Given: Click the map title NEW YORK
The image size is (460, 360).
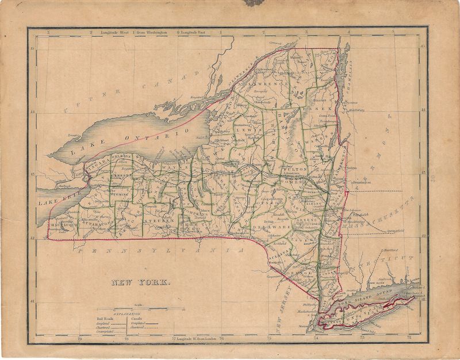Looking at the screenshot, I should tap(141, 282).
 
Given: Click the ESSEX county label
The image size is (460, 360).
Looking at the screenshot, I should tap(322, 109).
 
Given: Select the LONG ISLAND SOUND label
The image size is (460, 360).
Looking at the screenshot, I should tap(360, 300).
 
